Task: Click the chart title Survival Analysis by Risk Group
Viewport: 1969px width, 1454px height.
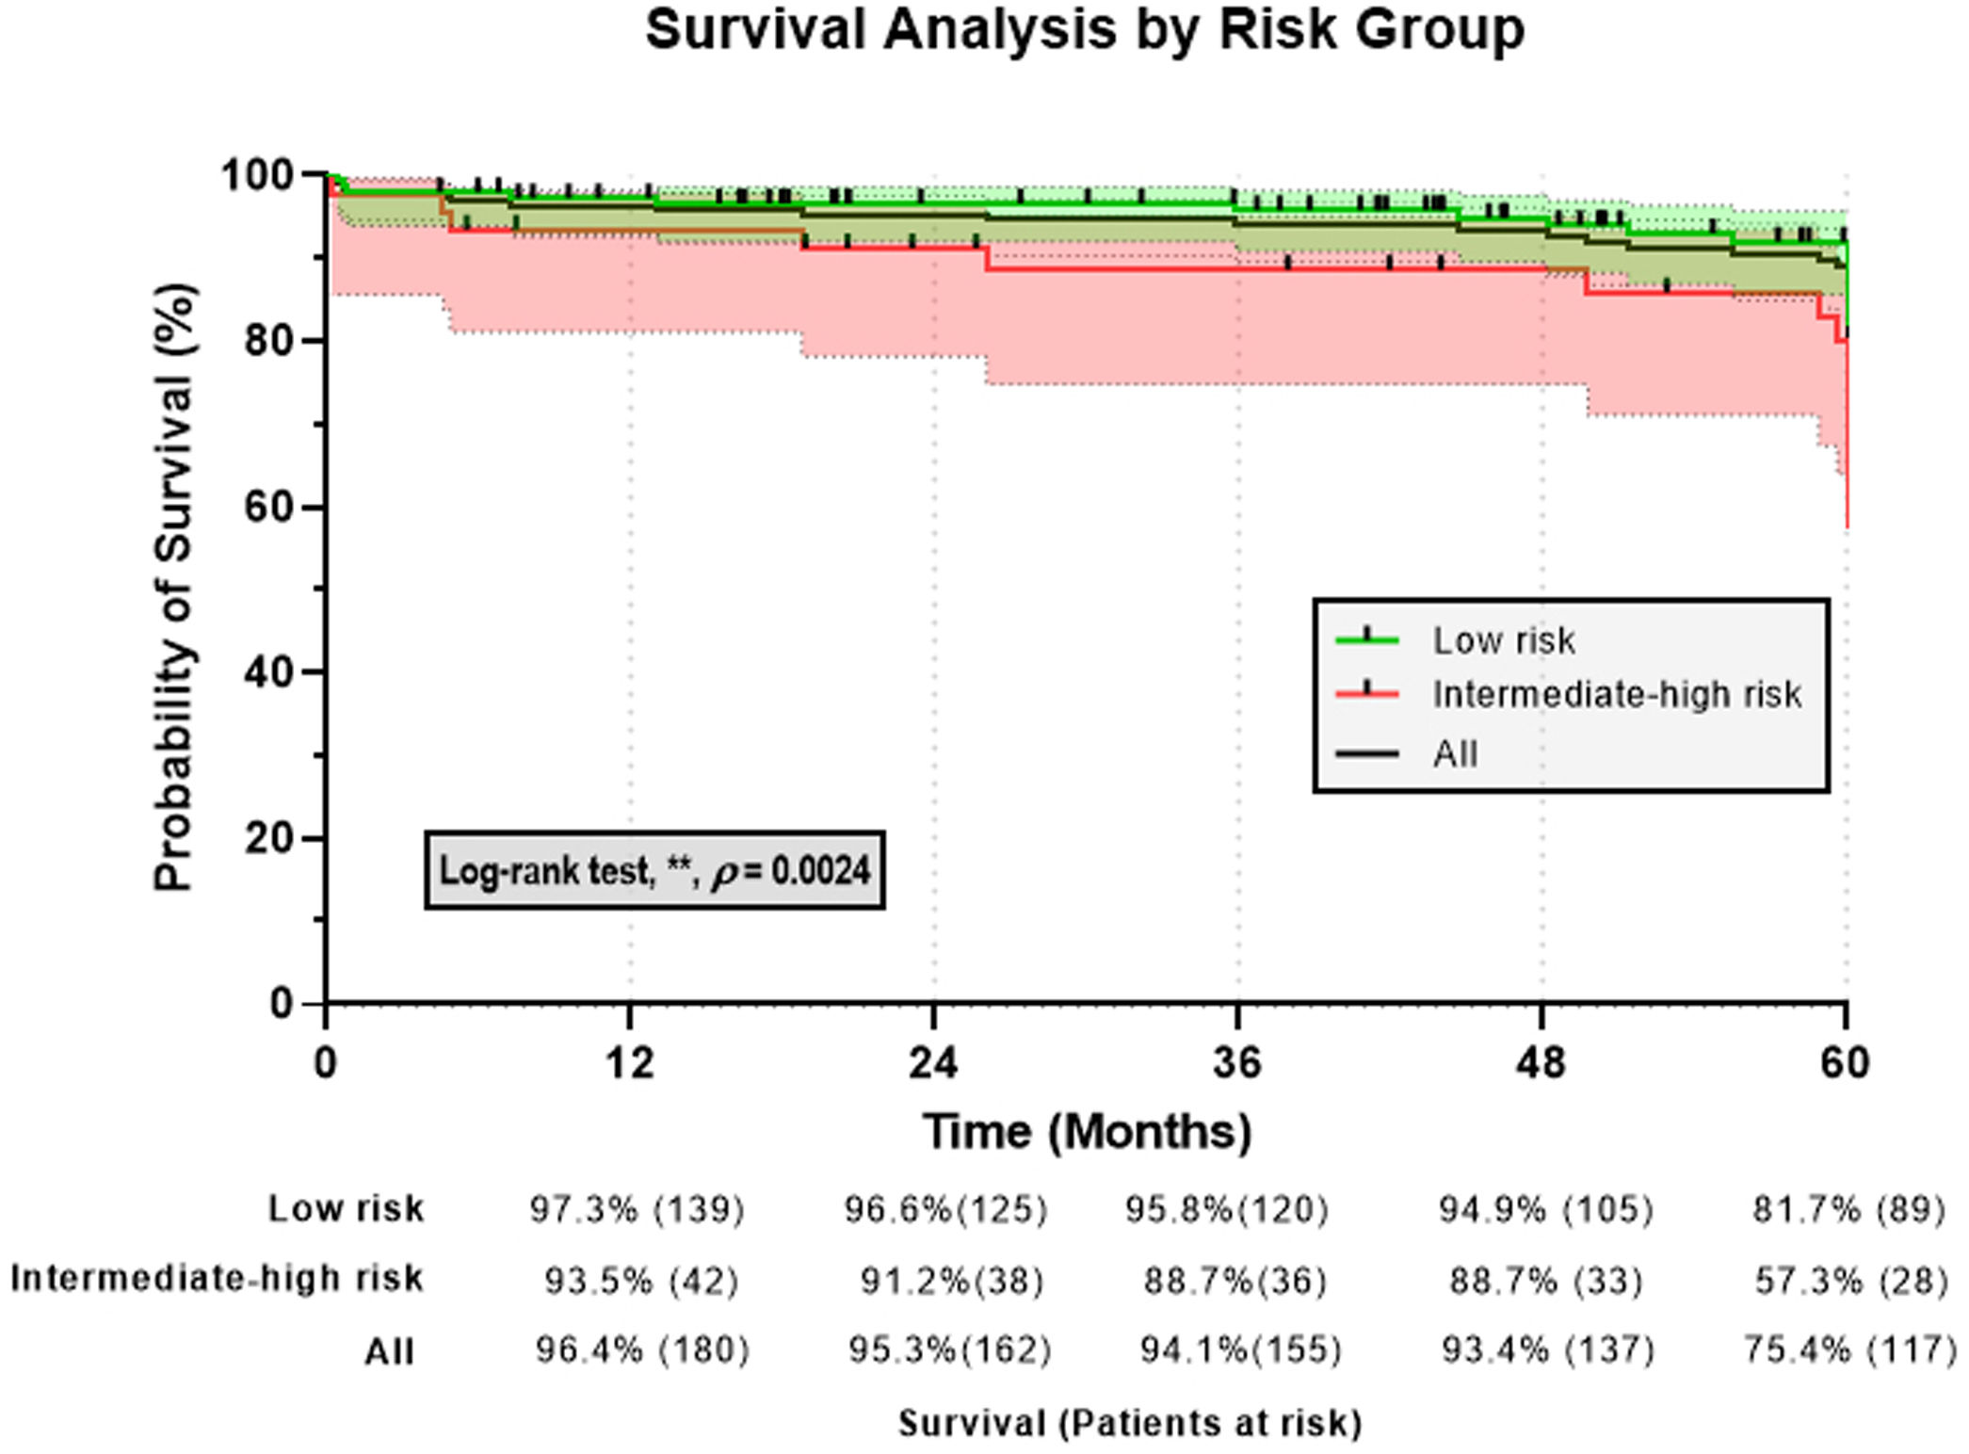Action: coord(1084,30)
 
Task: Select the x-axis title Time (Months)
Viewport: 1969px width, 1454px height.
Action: coord(1087,1131)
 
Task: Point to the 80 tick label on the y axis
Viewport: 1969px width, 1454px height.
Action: coord(268,341)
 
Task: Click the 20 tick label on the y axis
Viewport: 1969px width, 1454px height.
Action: coord(268,838)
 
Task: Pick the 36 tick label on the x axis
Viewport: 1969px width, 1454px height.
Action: coord(1236,1063)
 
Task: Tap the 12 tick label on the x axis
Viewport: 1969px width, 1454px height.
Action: coord(629,1063)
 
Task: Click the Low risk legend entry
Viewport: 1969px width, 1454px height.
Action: coord(1503,641)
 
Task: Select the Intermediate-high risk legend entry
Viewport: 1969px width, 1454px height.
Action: coord(1616,695)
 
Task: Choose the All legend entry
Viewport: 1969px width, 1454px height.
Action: coord(1455,754)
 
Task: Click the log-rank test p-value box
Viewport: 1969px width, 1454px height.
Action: coord(654,870)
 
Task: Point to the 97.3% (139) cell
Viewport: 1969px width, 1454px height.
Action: coord(637,1209)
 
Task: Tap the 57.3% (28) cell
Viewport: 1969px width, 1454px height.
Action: coord(1850,1281)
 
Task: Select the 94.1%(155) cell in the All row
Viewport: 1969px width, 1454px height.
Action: coord(1240,1350)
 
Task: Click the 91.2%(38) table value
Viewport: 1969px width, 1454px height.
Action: coord(951,1281)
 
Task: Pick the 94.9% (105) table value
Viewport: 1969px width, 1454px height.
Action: coord(1545,1209)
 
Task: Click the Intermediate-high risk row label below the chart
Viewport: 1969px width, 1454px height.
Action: coord(217,1279)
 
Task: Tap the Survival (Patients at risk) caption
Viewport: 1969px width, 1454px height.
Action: coord(1130,1423)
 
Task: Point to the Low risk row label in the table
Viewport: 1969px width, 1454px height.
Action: coord(346,1208)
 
